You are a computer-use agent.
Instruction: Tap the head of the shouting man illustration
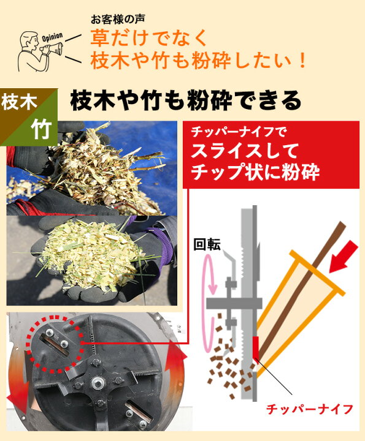tap(31, 40)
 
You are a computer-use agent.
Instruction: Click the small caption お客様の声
tap(118, 20)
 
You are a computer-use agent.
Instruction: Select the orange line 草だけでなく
tap(148, 38)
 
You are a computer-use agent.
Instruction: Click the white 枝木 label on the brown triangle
tap(19, 102)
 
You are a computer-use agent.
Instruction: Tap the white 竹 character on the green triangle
tap(41, 130)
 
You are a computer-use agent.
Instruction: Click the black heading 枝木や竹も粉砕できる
tap(186, 101)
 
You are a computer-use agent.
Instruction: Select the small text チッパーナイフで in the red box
tap(239, 132)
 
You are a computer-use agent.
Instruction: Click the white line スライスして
tap(244, 151)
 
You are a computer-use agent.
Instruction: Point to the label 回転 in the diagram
tap(207, 245)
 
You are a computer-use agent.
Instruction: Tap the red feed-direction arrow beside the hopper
tap(343, 256)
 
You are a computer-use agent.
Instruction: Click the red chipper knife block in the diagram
tap(255, 347)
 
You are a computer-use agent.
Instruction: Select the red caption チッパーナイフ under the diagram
tap(309, 409)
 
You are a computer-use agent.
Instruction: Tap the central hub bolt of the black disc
tap(96, 382)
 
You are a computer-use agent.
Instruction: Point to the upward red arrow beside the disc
tap(175, 361)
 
